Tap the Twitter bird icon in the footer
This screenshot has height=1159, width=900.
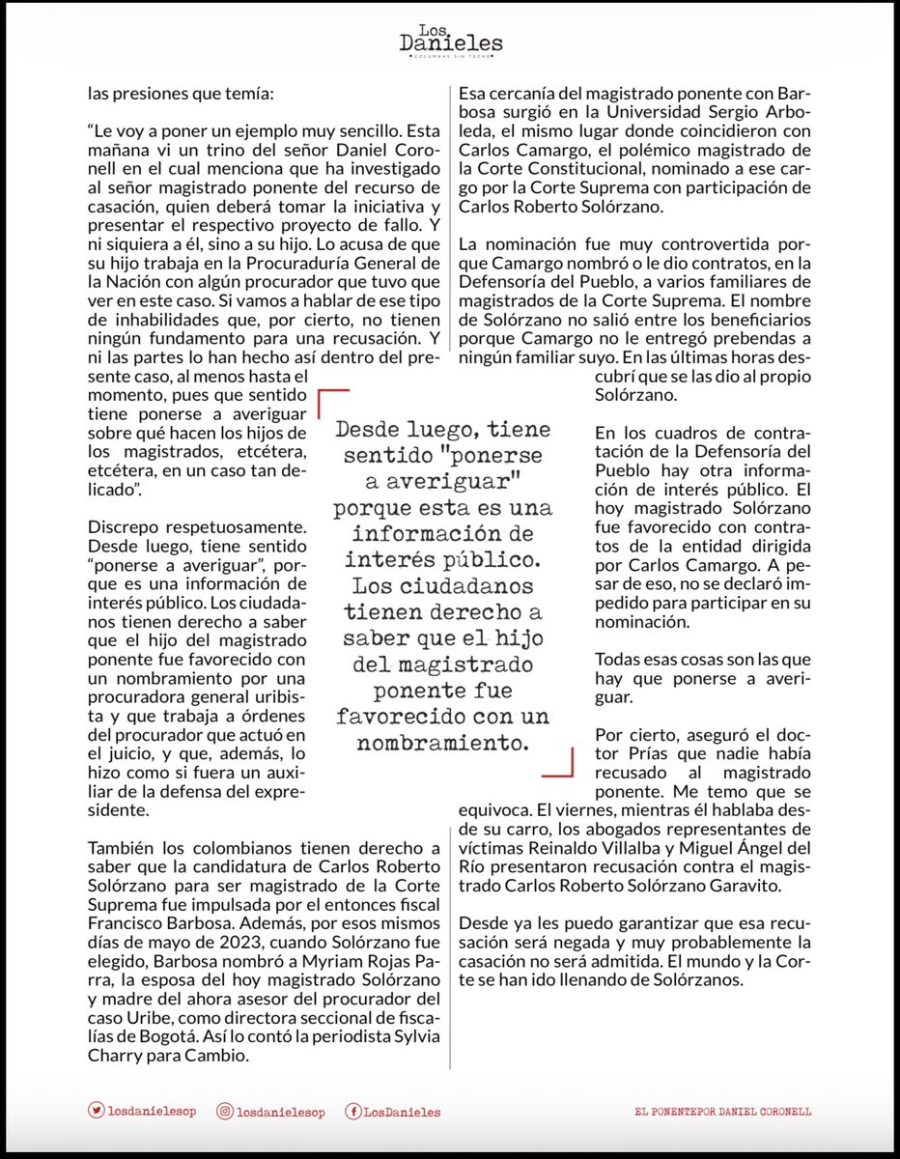coord(96,1112)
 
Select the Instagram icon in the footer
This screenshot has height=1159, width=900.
coord(224,1112)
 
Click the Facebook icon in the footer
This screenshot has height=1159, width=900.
coord(352,1112)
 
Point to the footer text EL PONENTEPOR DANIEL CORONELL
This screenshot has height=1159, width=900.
coord(722,1112)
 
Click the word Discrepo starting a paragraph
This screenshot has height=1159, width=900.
coord(123,529)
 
